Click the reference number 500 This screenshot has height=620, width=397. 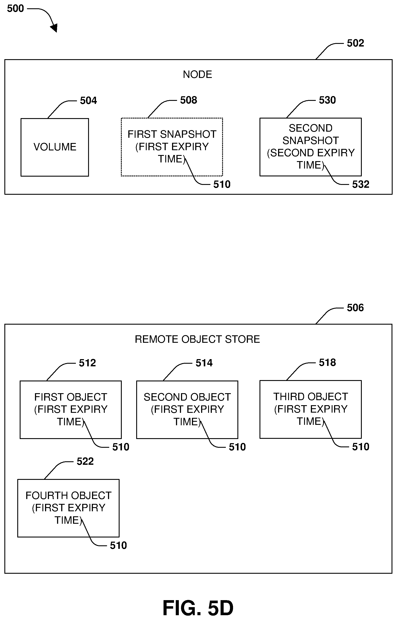[x=15, y=9]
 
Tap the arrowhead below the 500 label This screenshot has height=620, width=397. [x=54, y=28]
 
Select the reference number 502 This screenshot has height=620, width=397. [x=355, y=43]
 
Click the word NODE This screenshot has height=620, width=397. [x=197, y=74]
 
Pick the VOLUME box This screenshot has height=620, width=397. [x=55, y=147]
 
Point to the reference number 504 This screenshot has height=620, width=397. [x=88, y=100]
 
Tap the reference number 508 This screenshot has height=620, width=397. [x=188, y=100]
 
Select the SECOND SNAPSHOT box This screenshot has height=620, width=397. [x=310, y=147]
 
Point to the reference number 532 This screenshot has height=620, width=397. [x=361, y=184]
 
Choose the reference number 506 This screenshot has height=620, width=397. [x=355, y=308]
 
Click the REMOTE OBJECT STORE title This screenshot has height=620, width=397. [x=197, y=339]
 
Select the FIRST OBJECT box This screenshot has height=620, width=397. [x=71, y=409]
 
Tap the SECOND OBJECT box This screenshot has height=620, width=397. [x=187, y=409]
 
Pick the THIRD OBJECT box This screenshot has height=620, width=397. [x=310, y=409]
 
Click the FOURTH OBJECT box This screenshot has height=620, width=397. [x=68, y=508]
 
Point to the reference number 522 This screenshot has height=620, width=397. [x=85, y=461]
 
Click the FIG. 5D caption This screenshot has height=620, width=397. [x=198, y=608]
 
